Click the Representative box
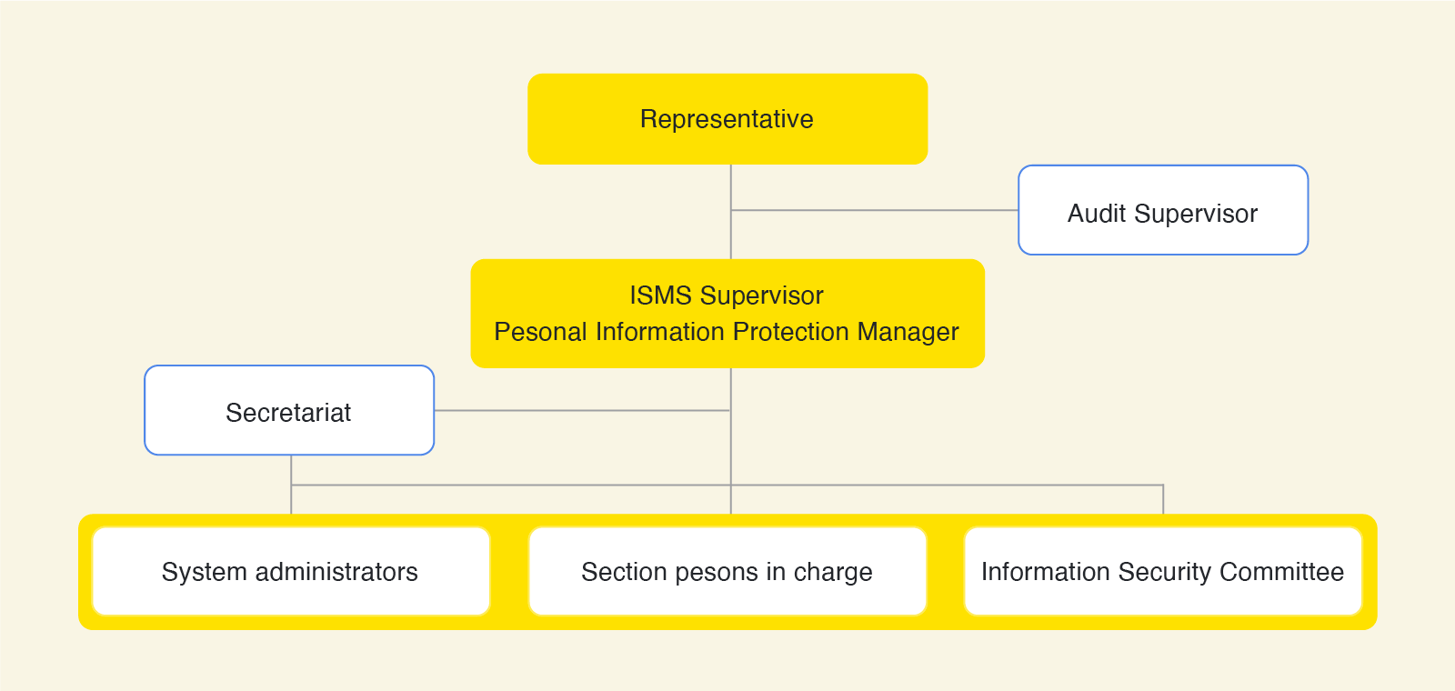727,119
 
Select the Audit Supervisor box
1163,210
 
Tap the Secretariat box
289,410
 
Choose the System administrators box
291,572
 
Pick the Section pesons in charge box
727,572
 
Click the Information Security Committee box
1163,572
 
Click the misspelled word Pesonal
540,332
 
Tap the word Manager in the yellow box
908,333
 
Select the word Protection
793,332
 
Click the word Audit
1097,214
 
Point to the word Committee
1281,572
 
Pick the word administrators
336,572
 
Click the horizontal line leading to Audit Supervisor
874,210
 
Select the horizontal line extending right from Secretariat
582,410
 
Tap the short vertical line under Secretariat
291,485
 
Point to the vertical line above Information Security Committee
1163,499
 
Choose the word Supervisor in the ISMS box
762,296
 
